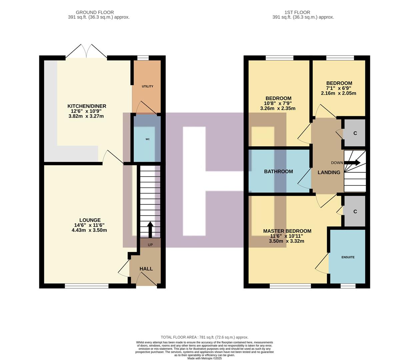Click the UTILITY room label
pyautogui.click(x=147, y=86)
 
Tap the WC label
pyautogui.click(x=147, y=139)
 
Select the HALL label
pyautogui.click(x=146, y=269)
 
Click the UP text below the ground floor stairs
pyautogui.click(x=150, y=245)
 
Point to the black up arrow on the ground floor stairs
pyautogui.click(x=150, y=229)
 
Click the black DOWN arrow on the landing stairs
pyautogui.click(x=352, y=163)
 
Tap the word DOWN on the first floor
pyautogui.click(x=337, y=163)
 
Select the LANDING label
pyautogui.click(x=329, y=172)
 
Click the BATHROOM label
pyautogui.click(x=278, y=171)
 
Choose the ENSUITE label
pyautogui.click(x=348, y=257)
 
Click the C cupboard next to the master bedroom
pyautogui.click(x=355, y=212)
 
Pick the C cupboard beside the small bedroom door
pyautogui.click(x=355, y=133)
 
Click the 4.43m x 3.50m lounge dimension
pyautogui.click(x=89, y=230)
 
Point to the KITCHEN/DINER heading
pyautogui.click(x=87, y=106)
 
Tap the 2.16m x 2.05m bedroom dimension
pyautogui.click(x=338, y=93)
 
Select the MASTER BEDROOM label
pyautogui.click(x=287, y=231)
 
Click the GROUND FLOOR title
pyautogui.click(x=95, y=12)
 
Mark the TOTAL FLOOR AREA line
pyautogui.click(x=204, y=337)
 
